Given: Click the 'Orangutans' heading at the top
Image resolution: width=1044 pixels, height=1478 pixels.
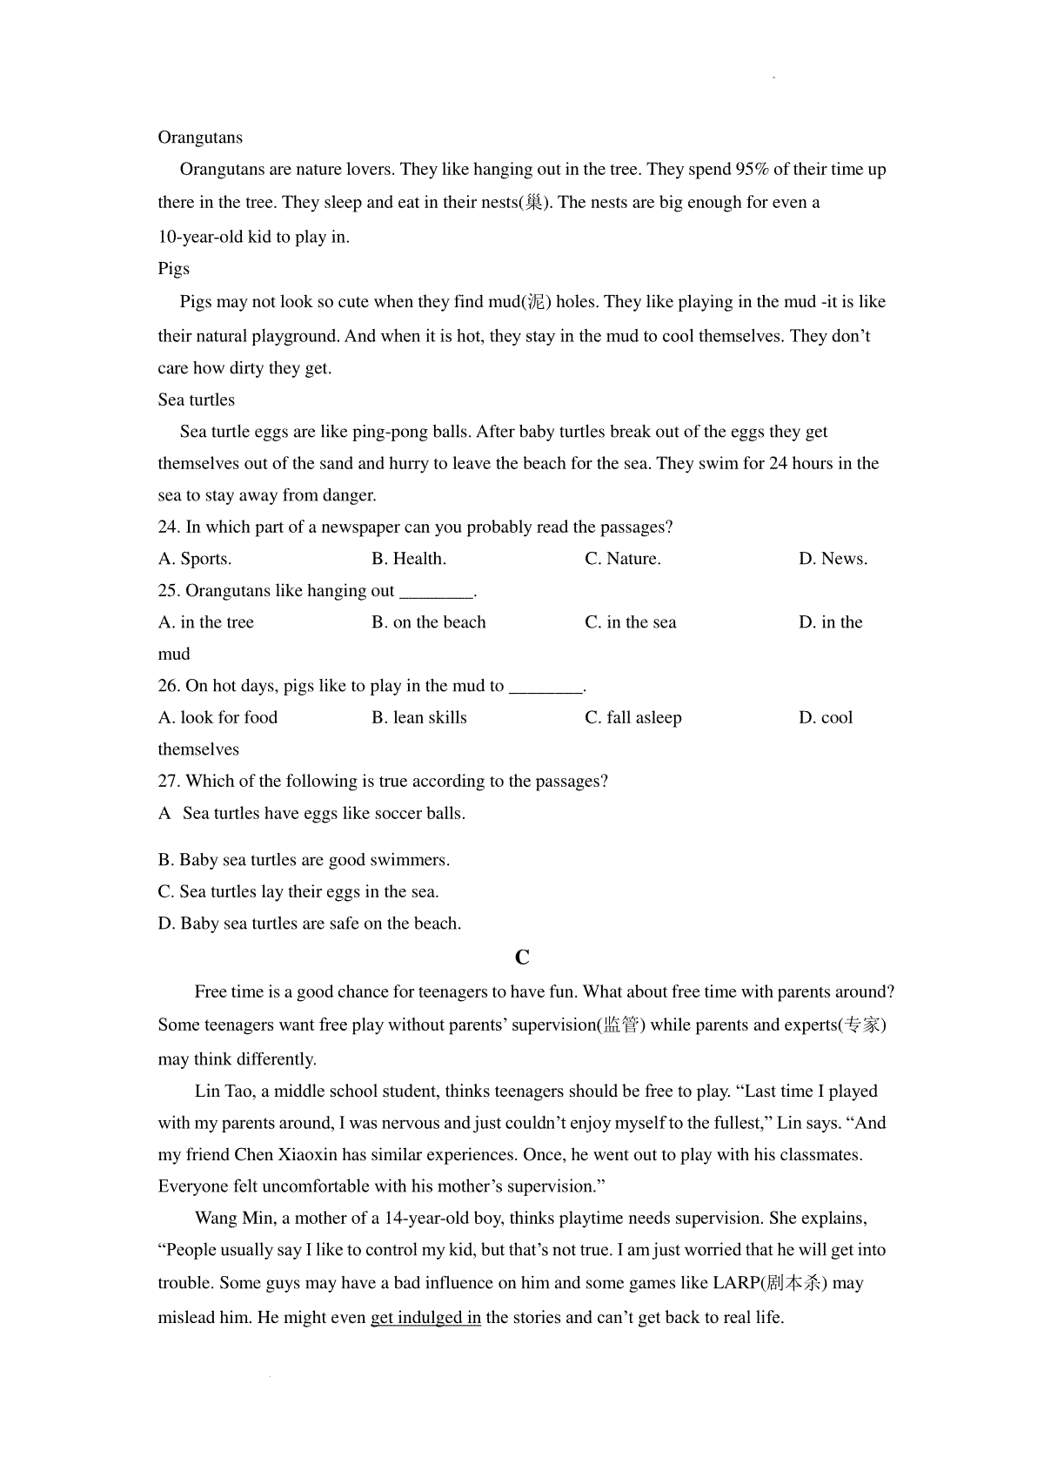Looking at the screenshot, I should tap(200, 138).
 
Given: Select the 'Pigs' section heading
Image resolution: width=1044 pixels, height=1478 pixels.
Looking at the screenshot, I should tap(173, 269).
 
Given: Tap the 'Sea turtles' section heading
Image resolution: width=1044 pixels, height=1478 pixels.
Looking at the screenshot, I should tap(196, 400).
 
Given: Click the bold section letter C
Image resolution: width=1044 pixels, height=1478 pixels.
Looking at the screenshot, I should tap(522, 957).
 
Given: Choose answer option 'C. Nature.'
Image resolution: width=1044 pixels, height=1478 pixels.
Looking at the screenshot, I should tap(622, 559).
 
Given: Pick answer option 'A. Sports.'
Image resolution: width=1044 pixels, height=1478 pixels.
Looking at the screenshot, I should tap(195, 559).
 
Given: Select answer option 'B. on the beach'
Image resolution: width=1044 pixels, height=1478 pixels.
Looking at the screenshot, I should tap(428, 622).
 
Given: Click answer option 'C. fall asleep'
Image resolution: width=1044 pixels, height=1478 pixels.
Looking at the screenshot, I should tap(632, 718).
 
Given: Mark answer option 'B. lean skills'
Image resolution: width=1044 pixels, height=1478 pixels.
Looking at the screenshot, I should tap(418, 718).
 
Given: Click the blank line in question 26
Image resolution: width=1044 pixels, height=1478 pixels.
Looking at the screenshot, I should tap(545, 689).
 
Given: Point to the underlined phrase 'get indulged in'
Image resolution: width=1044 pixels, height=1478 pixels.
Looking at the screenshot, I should tap(425, 1318).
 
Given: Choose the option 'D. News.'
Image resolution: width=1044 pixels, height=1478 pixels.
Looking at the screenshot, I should tap(833, 559).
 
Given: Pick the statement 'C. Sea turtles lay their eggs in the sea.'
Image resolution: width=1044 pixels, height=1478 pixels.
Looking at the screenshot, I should tap(298, 892).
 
